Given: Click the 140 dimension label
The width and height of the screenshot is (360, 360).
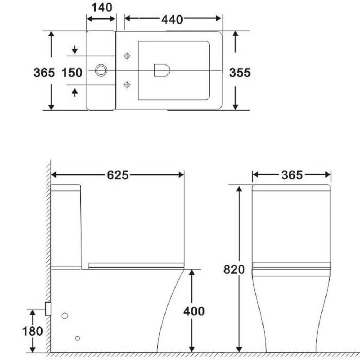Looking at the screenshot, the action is click(x=102, y=8).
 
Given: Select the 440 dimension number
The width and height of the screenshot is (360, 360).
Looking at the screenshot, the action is click(x=172, y=19).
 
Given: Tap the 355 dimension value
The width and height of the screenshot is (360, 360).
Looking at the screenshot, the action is click(x=240, y=73).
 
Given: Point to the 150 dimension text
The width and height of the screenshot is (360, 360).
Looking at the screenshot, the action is click(x=72, y=72).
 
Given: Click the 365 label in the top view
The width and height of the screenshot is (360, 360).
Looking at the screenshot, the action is click(x=44, y=72).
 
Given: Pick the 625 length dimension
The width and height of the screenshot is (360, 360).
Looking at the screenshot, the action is click(x=118, y=175).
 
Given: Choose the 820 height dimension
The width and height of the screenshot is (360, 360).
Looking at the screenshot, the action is click(x=234, y=270).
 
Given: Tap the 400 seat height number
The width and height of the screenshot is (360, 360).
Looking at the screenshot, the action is click(x=194, y=311).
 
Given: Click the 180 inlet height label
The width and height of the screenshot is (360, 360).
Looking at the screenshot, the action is click(x=32, y=331).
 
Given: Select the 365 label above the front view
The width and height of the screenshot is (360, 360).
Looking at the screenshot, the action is click(x=292, y=175).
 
